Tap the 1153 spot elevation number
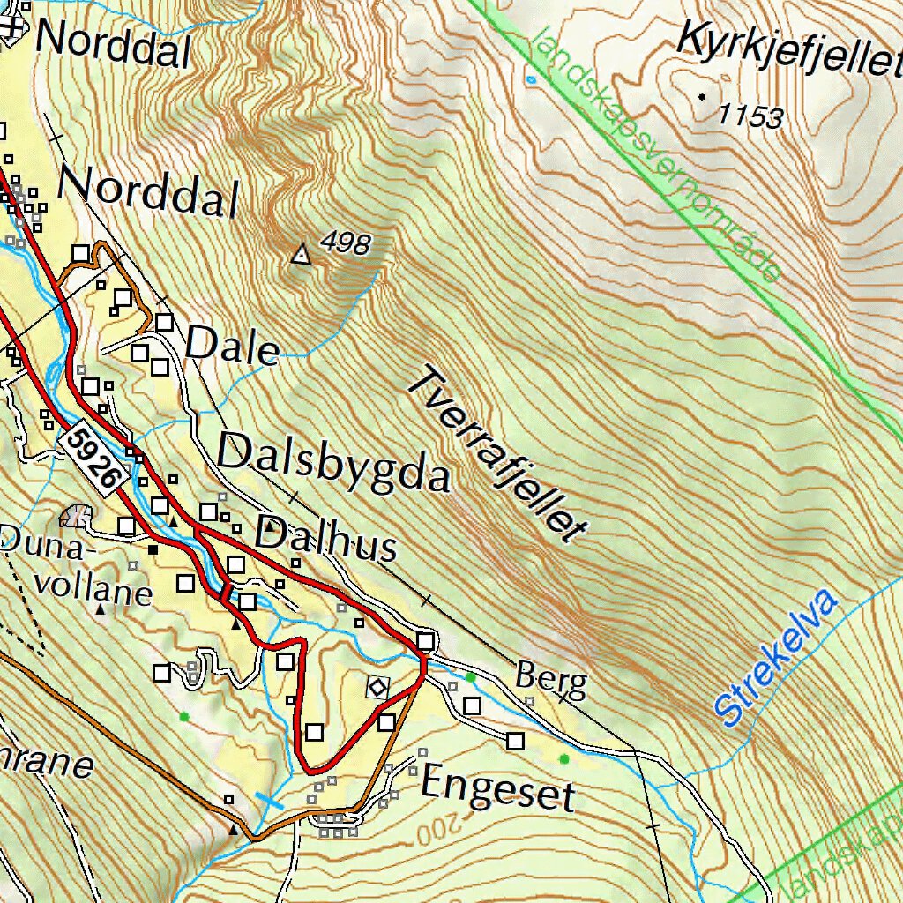(750, 116)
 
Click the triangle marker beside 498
(302, 256)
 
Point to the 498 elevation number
(345, 243)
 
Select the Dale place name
(232, 347)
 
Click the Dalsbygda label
(333, 463)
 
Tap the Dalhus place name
(325, 541)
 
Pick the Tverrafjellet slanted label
(498, 454)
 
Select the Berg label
(550, 680)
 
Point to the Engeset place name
(497, 787)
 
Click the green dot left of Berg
(471, 676)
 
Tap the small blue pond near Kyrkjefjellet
(531, 79)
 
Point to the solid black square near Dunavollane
(153, 549)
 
